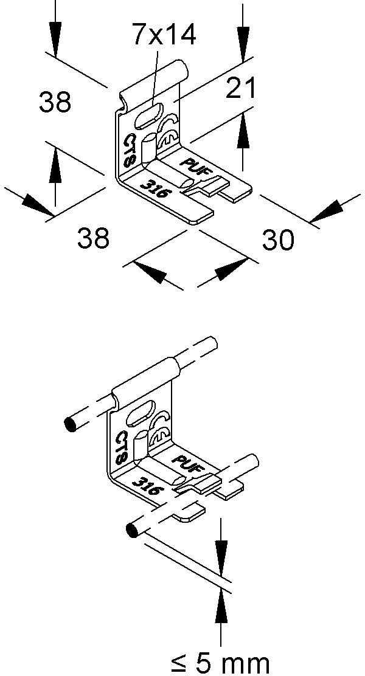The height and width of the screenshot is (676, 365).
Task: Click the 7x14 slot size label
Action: coord(164,36)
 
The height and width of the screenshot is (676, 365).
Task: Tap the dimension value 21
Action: coord(242,89)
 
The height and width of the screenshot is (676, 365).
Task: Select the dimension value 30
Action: coord(278,240)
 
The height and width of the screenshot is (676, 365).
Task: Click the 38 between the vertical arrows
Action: coord(55,102)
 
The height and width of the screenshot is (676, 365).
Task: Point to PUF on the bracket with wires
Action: coord(189,462)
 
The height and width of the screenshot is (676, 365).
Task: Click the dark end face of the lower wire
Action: coord(131,530)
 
